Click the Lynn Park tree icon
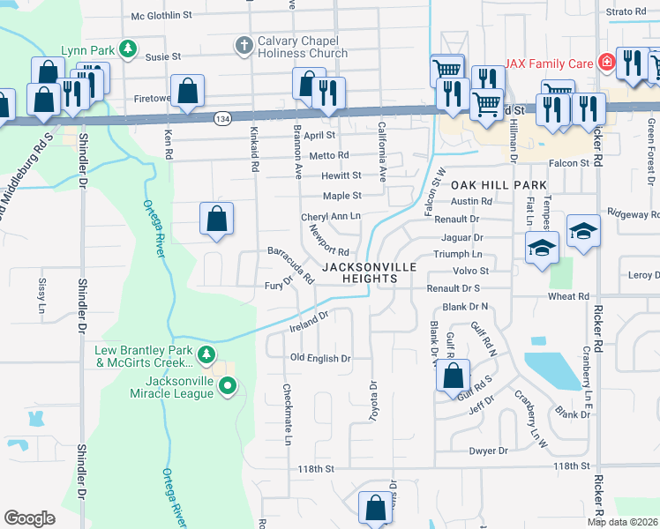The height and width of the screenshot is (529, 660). pyautogui.click(x=129, y=48)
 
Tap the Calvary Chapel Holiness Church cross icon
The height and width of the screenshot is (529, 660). pyautogui.click(x=245, y=44)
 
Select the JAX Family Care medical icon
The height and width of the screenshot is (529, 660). pyautogui.click(x=606, y=63)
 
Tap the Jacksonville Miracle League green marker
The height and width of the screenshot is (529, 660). pyautogui.click(x=228, y=385)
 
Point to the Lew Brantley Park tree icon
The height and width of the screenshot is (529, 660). pyautogui.click(x=206, y=355)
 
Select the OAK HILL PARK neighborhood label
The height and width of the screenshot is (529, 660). pyautogui.click(x=499, y=186)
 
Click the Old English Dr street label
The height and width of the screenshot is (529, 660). pyautogui.click(x=321, y=359)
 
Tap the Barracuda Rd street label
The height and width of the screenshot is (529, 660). pyautogui.click(x=291, y=264)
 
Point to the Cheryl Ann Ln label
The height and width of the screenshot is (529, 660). pyautogui.click(x=331, y=216)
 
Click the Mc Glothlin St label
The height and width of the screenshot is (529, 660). pyautogui.click(x=161, y=15)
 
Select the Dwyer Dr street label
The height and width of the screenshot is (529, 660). pyautogui.click(x=490, y=451)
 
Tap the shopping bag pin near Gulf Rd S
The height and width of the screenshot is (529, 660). pyautogui.click(x=453, y=375)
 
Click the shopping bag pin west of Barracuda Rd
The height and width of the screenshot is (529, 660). pyautogui.click(x=216, y=218)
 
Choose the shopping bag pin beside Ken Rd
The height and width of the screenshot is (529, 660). pyautogui.click(x=187, y=90)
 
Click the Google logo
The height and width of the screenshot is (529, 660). pyautogui.click(x=30, y=518)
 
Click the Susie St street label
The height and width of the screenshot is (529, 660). pyautogui.click(x=163, y=56)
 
